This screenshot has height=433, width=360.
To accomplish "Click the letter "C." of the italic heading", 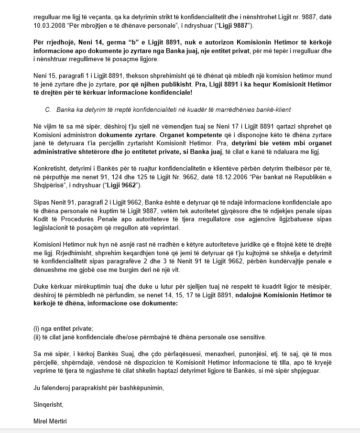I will pyautogui.click(x=48, y=109).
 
